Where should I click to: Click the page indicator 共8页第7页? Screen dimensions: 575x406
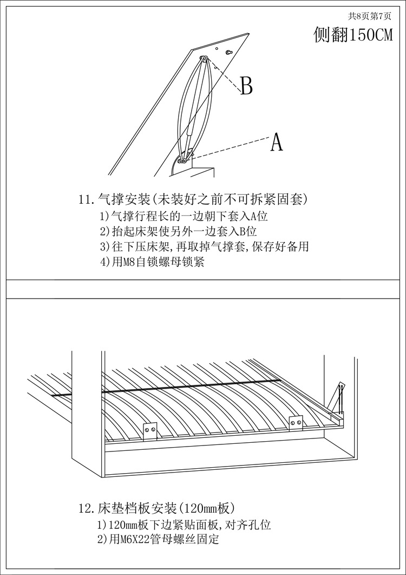[369, 16]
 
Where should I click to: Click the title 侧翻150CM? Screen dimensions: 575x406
[353, 35]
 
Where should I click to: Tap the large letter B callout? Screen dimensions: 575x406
[246, 86]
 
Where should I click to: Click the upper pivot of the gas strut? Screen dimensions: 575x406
[204, 59]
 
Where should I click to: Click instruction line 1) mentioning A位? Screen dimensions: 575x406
[184, 216]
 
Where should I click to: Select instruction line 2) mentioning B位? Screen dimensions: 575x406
[178, 231]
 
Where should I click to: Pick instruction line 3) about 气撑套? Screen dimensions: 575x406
[204, 247]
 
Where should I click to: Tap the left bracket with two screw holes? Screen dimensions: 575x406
[150, 430]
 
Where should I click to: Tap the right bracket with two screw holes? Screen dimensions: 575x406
[296, 421]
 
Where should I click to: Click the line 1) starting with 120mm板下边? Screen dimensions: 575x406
[184, 525]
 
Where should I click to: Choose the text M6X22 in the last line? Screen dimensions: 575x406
[133, 540]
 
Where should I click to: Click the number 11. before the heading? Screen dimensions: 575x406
[87, 199]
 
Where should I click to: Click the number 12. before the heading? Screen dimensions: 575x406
[87, 509]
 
